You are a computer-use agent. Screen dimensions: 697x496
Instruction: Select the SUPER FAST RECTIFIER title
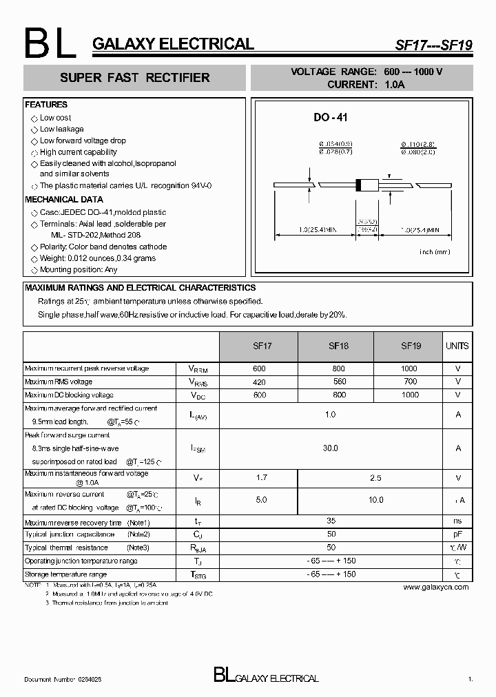click(x=135, y=78)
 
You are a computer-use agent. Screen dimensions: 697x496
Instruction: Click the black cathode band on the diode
click(x=358, y=185)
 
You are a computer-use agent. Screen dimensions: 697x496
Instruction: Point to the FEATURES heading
click(x=46, y=105)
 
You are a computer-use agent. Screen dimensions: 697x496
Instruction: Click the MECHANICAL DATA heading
click(x=65, y=200)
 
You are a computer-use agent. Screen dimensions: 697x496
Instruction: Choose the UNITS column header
click(x=457, y=346)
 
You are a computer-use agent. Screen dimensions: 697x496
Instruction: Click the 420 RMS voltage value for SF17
click(x=259, y=382)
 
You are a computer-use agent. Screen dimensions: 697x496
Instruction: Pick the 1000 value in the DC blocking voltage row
click(x=410, y=395)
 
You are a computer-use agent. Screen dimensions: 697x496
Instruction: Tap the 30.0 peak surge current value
click(x=331, y=448)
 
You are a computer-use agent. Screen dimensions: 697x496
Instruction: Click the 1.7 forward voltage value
click(x=261, y=477)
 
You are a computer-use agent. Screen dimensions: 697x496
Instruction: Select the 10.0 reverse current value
click(x=376, y=500)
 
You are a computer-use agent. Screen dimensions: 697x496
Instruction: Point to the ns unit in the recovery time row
click(x=457, y=522)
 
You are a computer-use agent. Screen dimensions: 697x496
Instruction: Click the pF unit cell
click(x=457, y=534)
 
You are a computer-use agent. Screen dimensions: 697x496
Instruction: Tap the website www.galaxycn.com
click(x=436, y=587)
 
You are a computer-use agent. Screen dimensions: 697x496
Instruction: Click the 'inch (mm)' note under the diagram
click(x=434, y=252)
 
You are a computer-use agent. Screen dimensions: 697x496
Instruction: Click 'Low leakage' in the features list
click(x=61, y=129)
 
